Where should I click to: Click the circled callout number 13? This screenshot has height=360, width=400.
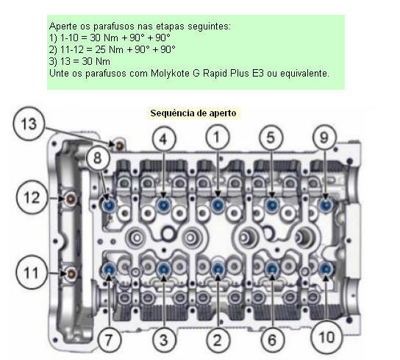pyautogui.click(x=29, y=124)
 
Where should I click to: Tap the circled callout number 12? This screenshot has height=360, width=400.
pyautogui.click(x=32, y=198)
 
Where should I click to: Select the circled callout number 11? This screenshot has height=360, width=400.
pyautogui.click(x=32, y=272)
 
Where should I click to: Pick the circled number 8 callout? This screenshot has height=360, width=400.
pyautogui.click(x=98, y=158)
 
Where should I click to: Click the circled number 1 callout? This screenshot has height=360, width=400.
pyautogui.click(x=218, y=138)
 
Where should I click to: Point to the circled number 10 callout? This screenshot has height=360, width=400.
pyautogui.click(x=326, y=337)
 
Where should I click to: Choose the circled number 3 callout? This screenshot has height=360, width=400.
pyautogui.click(x=164, y=340)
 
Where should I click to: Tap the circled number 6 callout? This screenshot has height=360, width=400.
pyautogui.click(x=272, y=340)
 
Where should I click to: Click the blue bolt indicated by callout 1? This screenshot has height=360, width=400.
pyautogui.click(x=218, y=205)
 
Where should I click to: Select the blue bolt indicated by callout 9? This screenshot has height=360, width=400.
pyautogui.click(x=326, y=205)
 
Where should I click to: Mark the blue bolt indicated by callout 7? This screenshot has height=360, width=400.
pyautogui.click(x=110, y=269)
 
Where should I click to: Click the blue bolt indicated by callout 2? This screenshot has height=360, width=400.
pyautogui.click(x=218, y=269)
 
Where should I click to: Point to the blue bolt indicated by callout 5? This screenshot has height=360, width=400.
pyautogui.click(x=271, y=205)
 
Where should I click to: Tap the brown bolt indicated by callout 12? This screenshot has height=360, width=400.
pyautogui.click(x=71, y=199)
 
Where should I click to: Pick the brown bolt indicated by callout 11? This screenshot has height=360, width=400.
pyautogui.click(x=71, y=274)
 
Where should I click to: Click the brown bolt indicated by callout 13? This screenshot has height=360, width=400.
pyautogui.click(x=119, y=146)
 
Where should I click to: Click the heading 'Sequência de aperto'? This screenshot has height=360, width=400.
pyautogui.click(x=193, y=113)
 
